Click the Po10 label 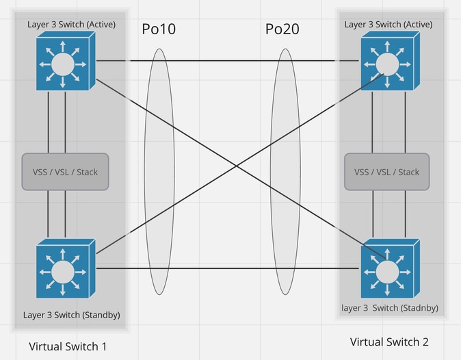point(159,29)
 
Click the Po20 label point(282,29)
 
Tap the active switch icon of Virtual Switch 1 point(66,61)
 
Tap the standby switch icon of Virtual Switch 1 point(66,268)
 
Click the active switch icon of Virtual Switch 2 point(391,61)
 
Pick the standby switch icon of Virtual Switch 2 point(391,268)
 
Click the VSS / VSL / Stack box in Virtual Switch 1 point(65,172)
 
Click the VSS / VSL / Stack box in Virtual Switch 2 point(387,172)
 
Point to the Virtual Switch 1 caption point(68,346)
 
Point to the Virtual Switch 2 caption point(389,342)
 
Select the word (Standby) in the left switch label point(101,315)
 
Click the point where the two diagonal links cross point(237,166)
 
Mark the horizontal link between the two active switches point(228,61)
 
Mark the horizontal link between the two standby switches point(228,268)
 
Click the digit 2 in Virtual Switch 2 point(425,342)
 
